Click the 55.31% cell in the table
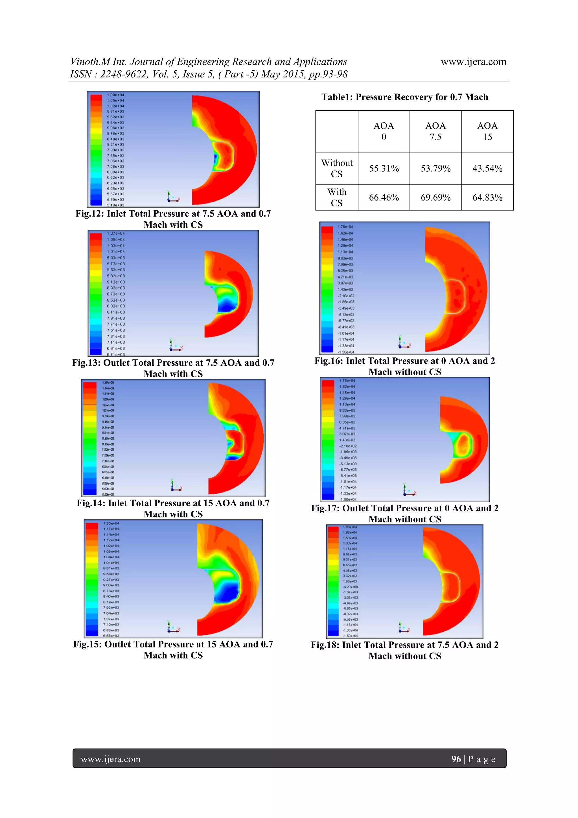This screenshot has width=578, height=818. (x=384, y=168)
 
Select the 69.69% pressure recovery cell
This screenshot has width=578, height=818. (x=435, y=197)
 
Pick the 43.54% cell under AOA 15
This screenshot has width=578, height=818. (x=487, y=168)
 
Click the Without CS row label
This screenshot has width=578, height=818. (x=336, y=168)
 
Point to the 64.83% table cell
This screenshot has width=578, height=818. (x=487, y=197)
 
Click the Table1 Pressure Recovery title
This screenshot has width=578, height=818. (x=404, y=97)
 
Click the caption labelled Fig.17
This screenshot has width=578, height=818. (x=404, y=513)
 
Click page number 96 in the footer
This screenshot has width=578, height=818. (x=456, y=759)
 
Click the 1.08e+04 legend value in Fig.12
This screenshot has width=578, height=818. (x=115, y=95)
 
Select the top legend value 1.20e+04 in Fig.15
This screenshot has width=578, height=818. (x=111, y=523)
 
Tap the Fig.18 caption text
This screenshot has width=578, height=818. (x=404, y=650)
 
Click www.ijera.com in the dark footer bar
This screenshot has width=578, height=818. (x=111, y=759)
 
